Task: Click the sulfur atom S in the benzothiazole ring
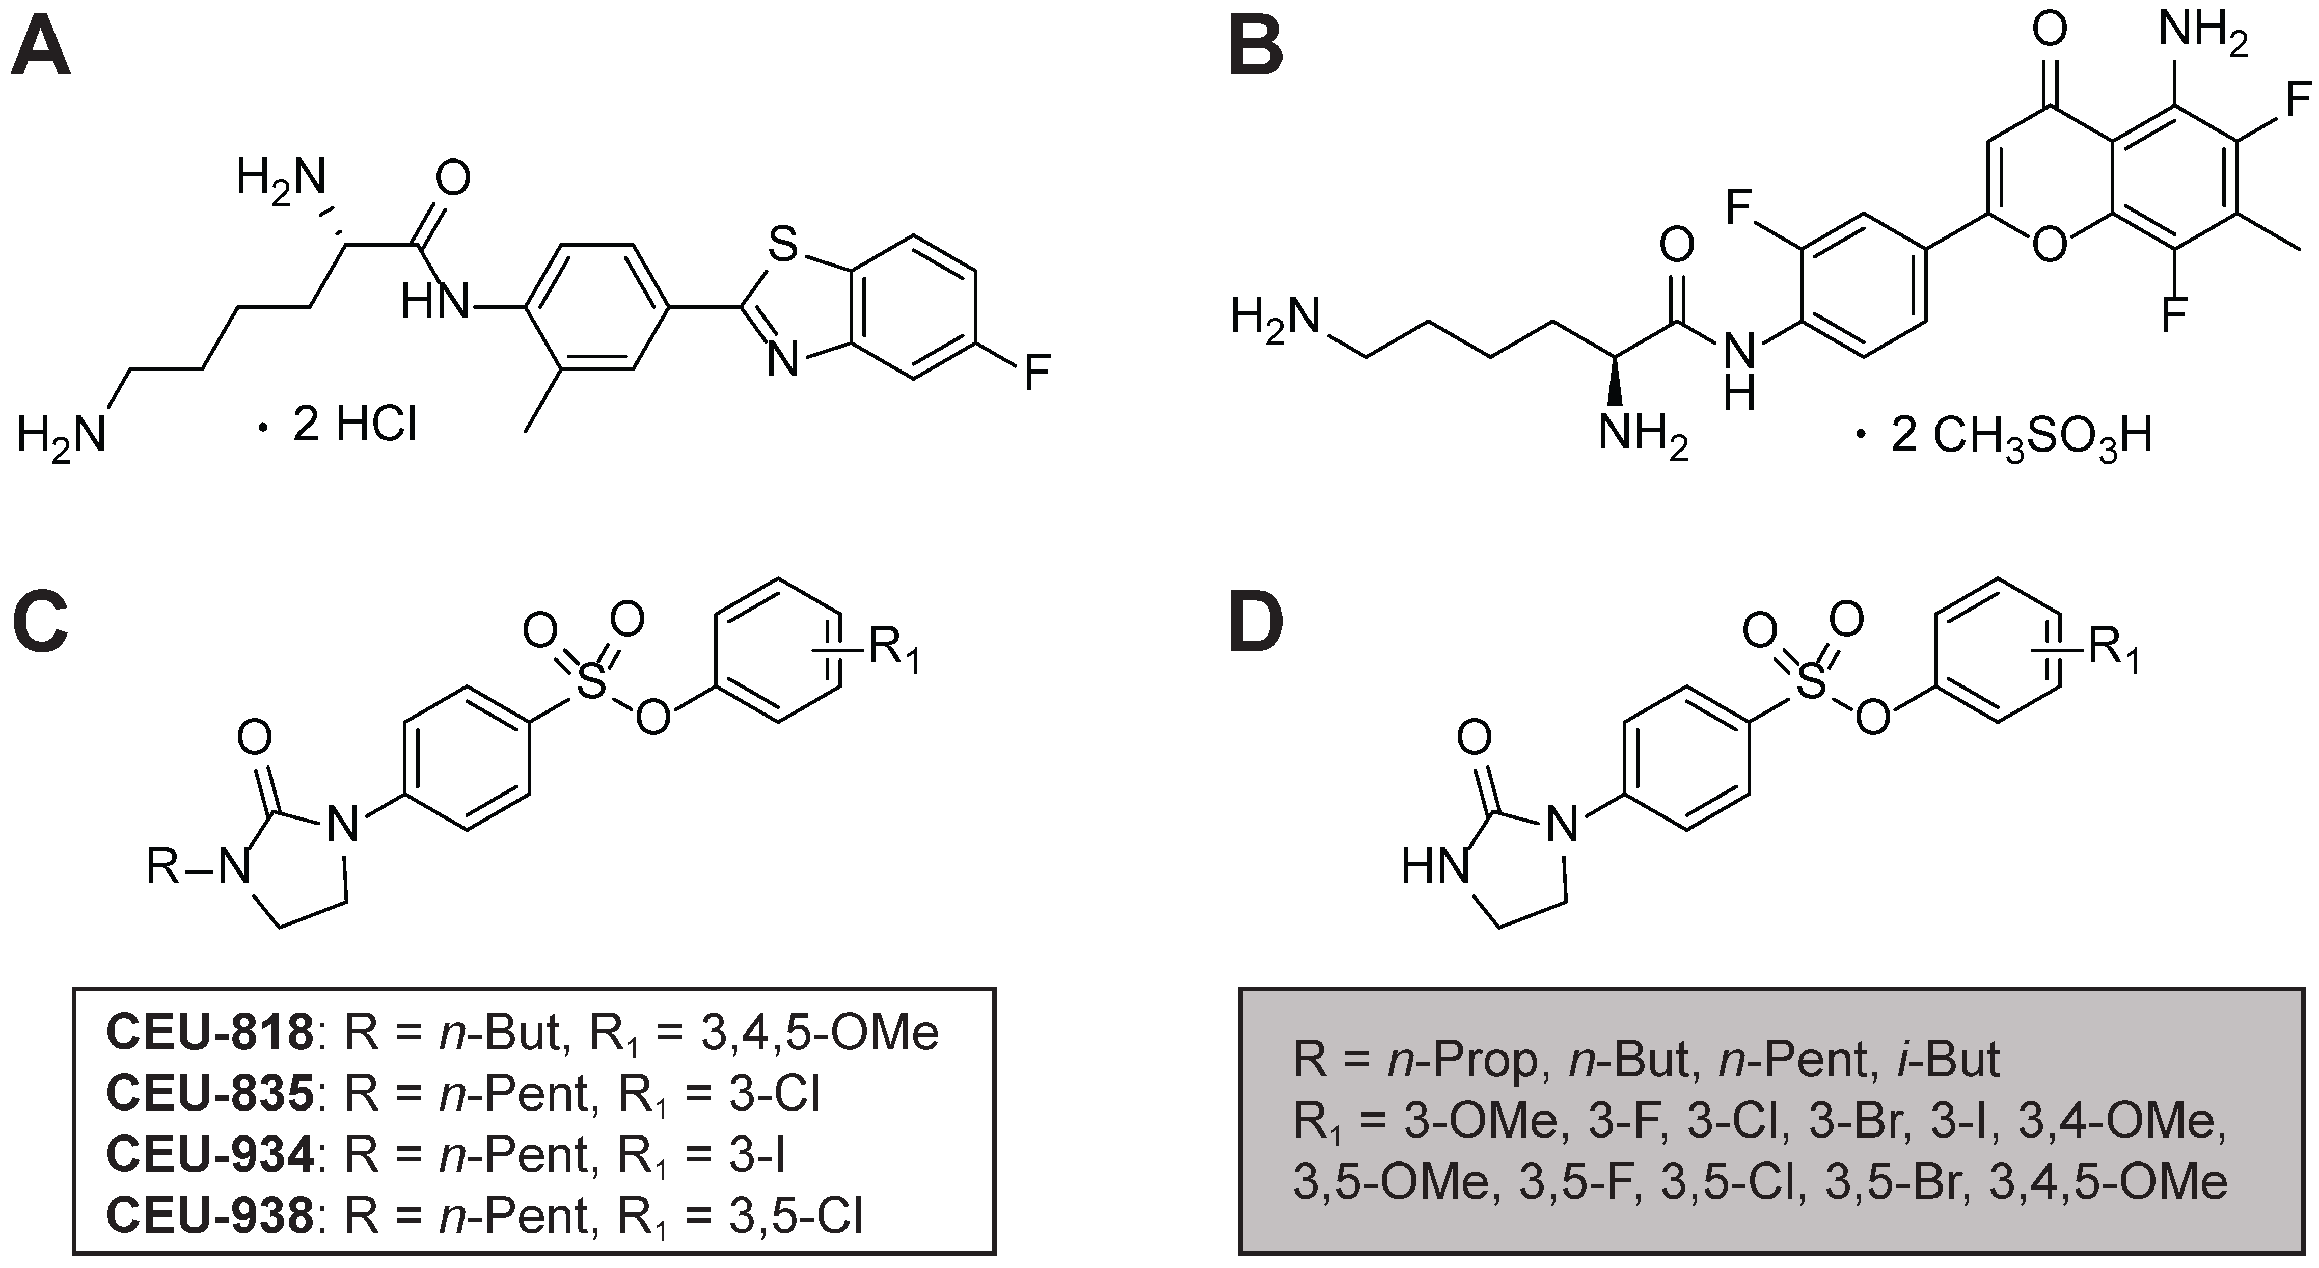[x=783, y=245]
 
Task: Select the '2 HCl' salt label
[x=354, y=425]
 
